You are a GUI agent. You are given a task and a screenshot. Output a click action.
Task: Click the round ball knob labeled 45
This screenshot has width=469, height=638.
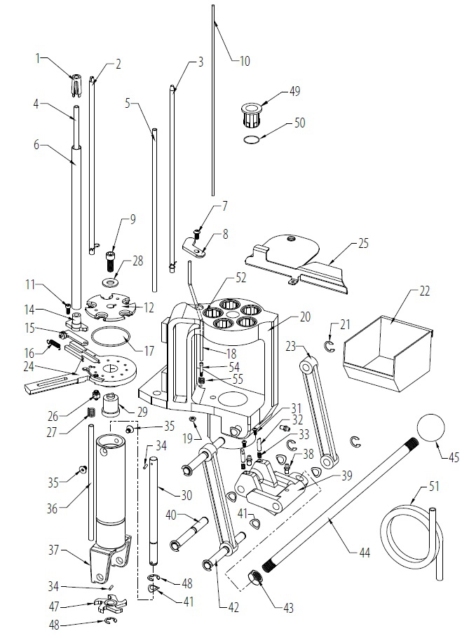click(430, 428)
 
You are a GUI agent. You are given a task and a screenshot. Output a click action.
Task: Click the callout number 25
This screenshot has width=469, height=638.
click(362, 243)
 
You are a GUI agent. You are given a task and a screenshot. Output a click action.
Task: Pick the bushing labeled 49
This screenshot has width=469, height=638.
click(252, 114)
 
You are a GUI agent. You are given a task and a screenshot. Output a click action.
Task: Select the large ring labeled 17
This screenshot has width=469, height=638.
click(111, 336)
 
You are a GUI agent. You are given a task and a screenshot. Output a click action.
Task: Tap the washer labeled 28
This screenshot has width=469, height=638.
click(109, 281)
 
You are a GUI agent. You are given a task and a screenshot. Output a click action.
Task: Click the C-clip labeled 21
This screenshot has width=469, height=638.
click(329, 346)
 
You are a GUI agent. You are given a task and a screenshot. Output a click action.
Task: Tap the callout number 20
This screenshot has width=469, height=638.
click(305, 317)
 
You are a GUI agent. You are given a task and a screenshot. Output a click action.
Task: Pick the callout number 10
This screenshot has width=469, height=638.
click(245, 61)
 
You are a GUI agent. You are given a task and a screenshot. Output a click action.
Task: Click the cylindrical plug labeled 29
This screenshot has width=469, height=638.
click(110, 405)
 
